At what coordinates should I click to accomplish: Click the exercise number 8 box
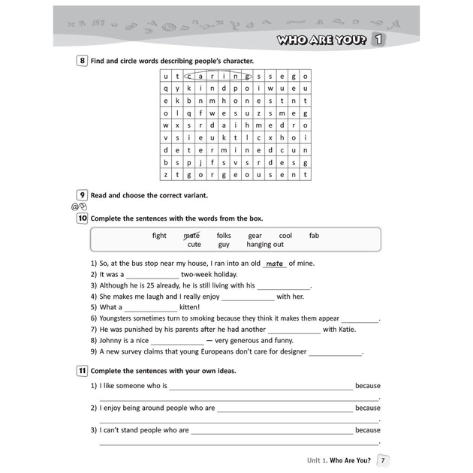pyautogui.click(x=82, y=61)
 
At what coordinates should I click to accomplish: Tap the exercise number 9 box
pyautogui.click(x=82, y=195)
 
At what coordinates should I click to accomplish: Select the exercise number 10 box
pyautogui.click(x=82, y=218)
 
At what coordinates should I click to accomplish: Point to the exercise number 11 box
pyautogui.click(x=82, y=371)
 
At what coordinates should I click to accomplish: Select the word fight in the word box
pyautogui.click(x=159, y=236)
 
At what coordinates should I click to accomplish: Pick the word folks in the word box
pyautogui.click(x=224, y=236)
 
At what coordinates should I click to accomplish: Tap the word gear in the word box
pyautogui.click(x=255, y=236)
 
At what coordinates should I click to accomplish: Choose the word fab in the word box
pyautogui.click(x=314, y=236)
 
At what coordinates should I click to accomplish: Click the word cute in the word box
pyautogui.click(x=194, y=245)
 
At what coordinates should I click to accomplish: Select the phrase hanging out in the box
pyautogui.click(x=265, y=245)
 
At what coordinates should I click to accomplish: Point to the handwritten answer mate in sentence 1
pyautogui.click(x=275, y=264)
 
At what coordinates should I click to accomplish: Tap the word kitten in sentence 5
pyautogui.click(x=189, y=307)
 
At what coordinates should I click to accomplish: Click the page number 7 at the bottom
pyautogui.click(x=383, y=460)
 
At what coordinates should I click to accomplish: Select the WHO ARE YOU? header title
pyautogui.click(x=321, y=40)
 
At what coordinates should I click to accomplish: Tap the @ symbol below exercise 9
pyautogui.click(x=75, y=206)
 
